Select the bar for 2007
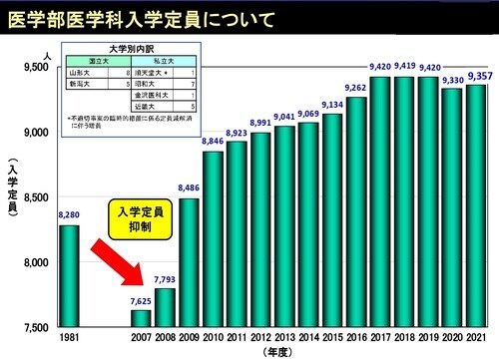pyautogui.click(x=142, y=318)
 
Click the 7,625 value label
pyautogui.click(x=140, y=300)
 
